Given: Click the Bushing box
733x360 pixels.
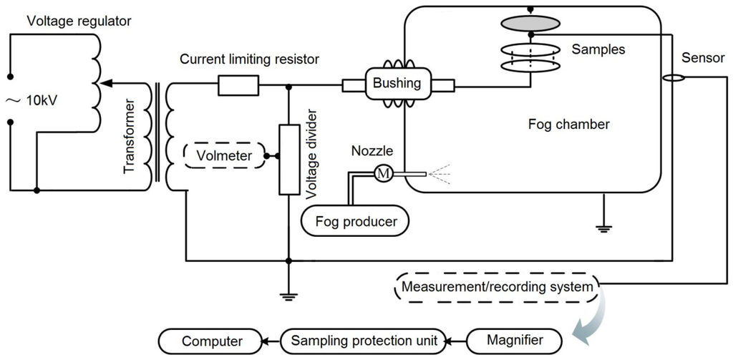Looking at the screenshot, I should tap(397, 83).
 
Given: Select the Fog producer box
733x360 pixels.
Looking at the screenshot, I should tap(356, 220).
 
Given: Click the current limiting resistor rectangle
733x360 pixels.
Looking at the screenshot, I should tap(238, 87).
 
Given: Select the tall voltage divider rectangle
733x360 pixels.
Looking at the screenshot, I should tap(288, 158).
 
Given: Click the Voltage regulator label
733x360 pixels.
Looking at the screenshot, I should tap(79, 21).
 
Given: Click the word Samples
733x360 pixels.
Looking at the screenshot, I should tap(598, 50).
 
